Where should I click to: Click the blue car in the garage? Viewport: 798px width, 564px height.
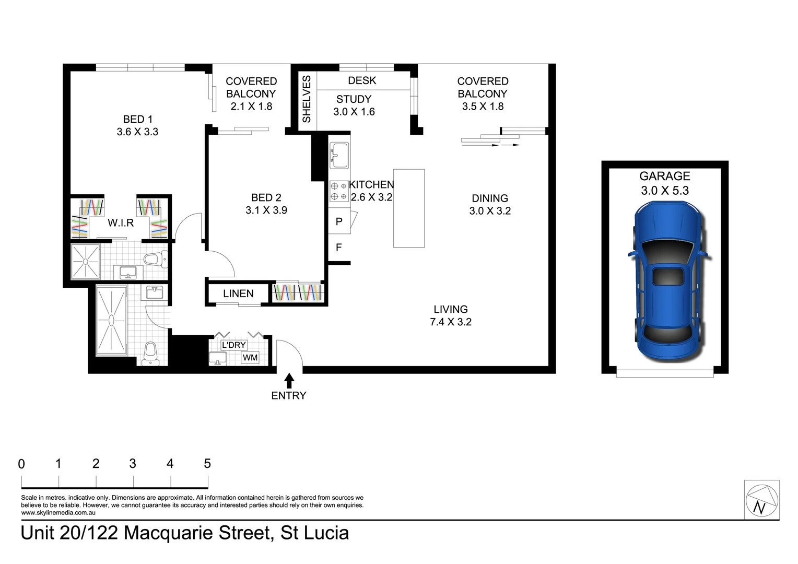(x=668, y=285)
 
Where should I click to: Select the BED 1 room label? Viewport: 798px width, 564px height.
(x=138, y=119)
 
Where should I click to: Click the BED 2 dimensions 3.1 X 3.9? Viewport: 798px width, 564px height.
(x=266, y=210)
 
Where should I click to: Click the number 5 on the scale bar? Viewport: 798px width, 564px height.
(x=207, y=463)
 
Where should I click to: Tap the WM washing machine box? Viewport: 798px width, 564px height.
(x=250, y=358)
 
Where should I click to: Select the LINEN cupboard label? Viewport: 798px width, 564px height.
(x=238, y=293)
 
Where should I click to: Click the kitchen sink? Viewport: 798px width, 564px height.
(x=338, y=155)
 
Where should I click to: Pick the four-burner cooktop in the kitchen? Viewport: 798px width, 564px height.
(x=338, y=191)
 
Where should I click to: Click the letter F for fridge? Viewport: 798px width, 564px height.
(x=338, y=248)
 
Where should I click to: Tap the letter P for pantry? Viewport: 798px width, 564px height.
(x=338, y=221)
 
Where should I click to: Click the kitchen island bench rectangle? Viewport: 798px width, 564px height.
(x=408, y=208)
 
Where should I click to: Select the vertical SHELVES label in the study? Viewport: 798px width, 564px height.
(x=307, y=99)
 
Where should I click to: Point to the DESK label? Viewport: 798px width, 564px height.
(x=362, y=80)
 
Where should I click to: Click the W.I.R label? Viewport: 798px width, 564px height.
(x=121, y=223)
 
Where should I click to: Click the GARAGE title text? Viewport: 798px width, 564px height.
(x=664, y=176)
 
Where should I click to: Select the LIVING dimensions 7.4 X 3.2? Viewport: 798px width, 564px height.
(x=450, y=322)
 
